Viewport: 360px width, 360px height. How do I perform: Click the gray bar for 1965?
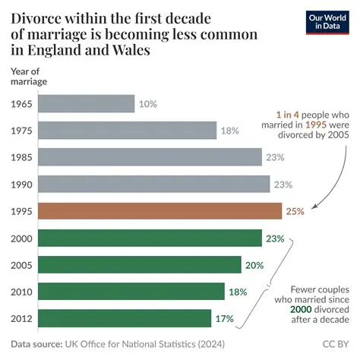coord(86,103)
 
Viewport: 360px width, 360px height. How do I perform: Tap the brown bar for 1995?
coord(159,210)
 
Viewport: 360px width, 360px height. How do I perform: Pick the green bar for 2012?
coord(124,317)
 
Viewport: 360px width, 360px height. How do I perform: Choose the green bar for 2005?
coord(139,264)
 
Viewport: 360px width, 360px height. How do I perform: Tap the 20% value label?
coord(254,264)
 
